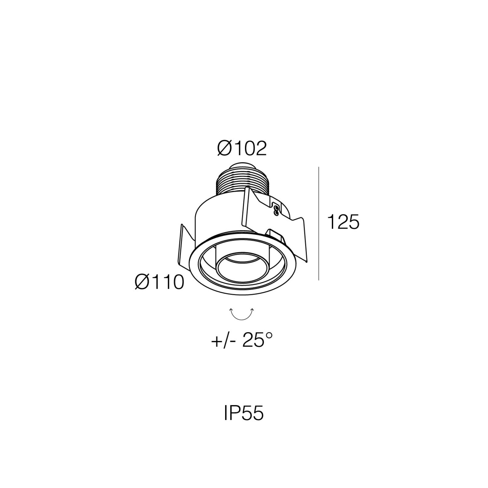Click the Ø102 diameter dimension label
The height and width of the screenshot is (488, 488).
point(242,149)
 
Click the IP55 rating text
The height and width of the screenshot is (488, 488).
point(244,414)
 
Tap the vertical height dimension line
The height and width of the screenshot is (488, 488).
point(319,223)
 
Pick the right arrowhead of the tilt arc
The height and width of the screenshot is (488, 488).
point(252,310)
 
